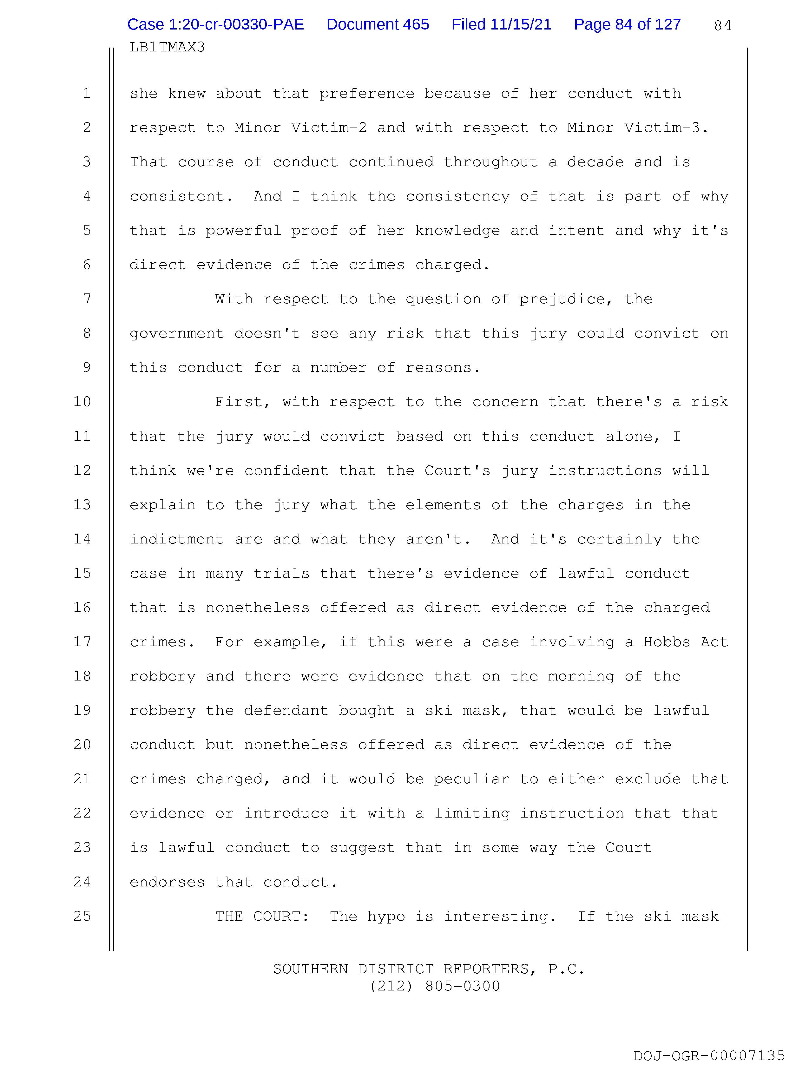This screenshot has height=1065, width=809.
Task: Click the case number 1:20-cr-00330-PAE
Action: tap(215, 24)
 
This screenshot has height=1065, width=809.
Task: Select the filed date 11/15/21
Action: tap(501, 24)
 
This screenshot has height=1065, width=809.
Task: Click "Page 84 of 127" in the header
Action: tap(627, 24)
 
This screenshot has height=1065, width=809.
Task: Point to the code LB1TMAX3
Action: tap(167, 47)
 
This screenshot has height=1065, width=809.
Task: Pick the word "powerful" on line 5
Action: tap(243, 231)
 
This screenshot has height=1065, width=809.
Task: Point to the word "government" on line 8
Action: tap(177, 334)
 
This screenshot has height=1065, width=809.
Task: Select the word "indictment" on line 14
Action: tap(177, 539)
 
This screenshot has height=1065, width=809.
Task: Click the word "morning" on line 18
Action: tap(581, 676)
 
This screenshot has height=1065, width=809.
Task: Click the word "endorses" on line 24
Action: tap(167, 882)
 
